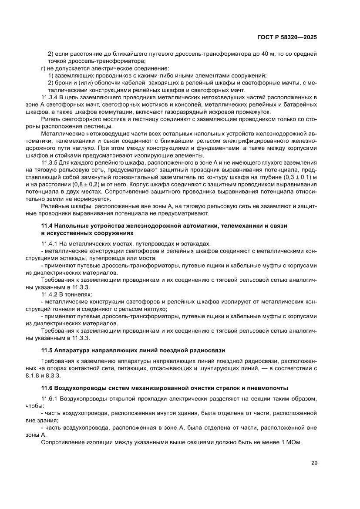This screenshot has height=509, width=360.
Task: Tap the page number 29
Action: [314, 462]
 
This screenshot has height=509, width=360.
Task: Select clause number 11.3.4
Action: [50, 97]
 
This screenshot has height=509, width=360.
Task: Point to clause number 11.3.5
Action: [50, 162]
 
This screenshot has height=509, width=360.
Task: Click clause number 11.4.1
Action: [50, 244]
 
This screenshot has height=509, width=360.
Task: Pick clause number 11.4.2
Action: [50, 294]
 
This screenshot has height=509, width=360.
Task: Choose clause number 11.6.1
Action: [50, 398]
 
